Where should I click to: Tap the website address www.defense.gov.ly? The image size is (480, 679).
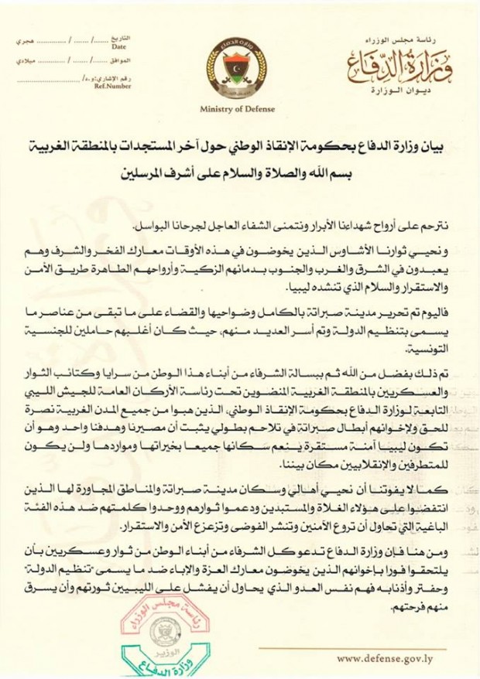(392, 659)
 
